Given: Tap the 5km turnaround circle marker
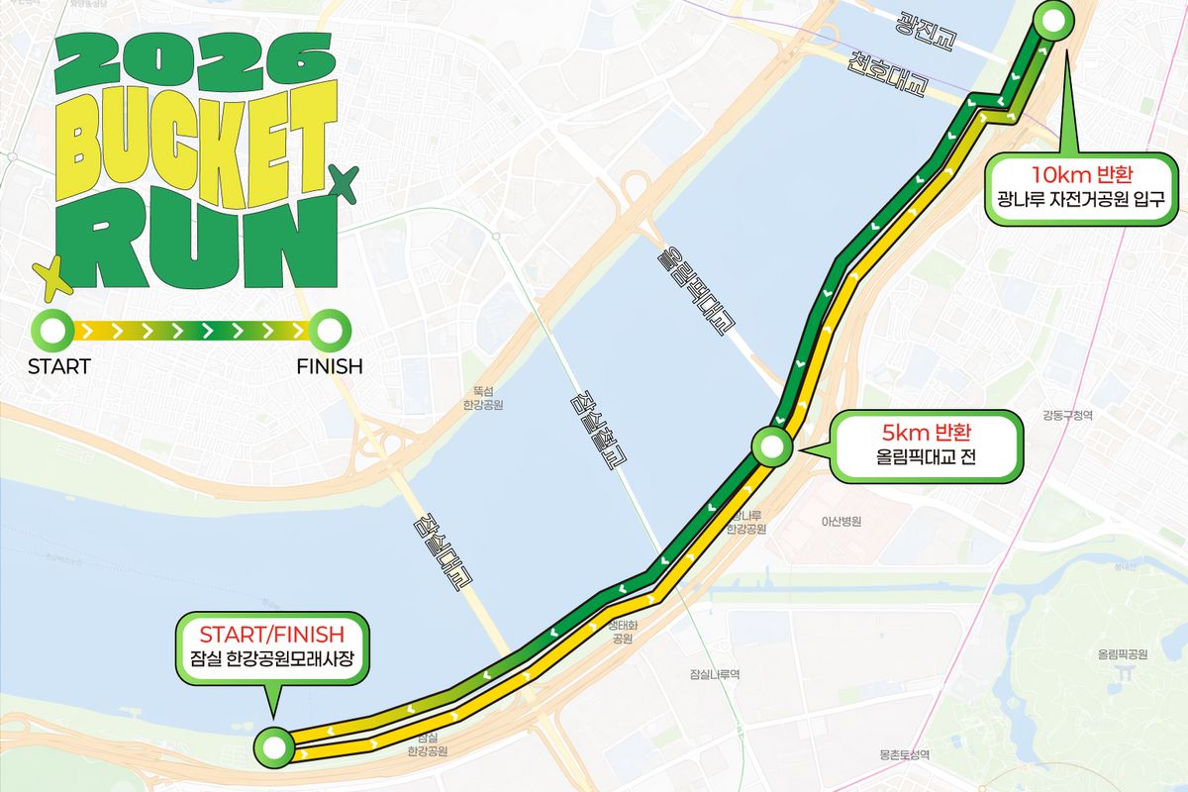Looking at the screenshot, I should point(771,445).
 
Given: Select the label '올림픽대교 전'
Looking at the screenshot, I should point(927,460).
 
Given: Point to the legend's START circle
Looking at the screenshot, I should point(51,328).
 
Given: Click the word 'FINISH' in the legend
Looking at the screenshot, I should point(330,366).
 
